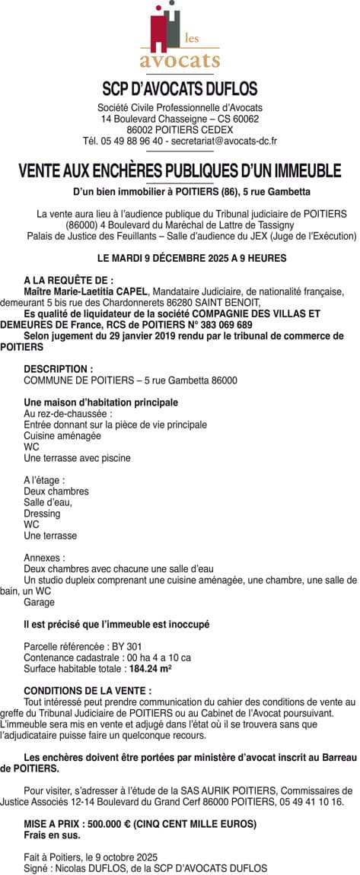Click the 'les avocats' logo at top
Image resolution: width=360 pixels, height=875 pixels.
(x=180, y=38)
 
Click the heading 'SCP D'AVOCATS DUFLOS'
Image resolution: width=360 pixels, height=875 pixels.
(x=180, y=88)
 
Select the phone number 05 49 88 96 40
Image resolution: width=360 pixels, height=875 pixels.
(x=127, y=141)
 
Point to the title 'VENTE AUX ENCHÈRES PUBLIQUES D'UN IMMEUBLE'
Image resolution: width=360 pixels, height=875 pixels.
(x=180, y=170)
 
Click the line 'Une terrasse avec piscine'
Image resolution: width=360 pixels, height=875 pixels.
(x=77, y=458)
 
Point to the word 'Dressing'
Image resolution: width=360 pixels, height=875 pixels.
(x=42, y=514)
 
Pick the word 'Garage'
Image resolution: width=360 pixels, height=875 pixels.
(x=40, y=602)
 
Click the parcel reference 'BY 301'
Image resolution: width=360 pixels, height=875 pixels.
(x=110, y=646)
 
